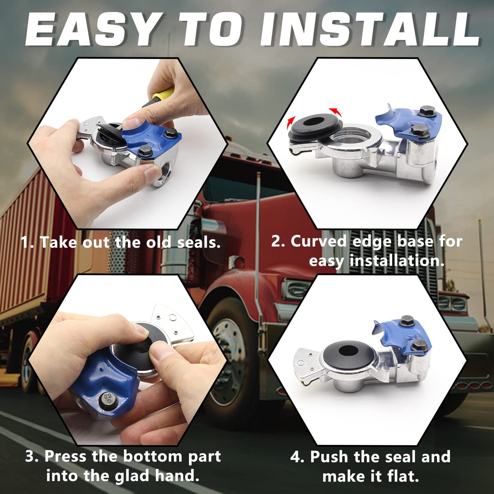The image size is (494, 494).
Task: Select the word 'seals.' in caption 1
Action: click(199, 242)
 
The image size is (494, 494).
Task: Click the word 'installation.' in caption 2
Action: click(397, 261)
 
